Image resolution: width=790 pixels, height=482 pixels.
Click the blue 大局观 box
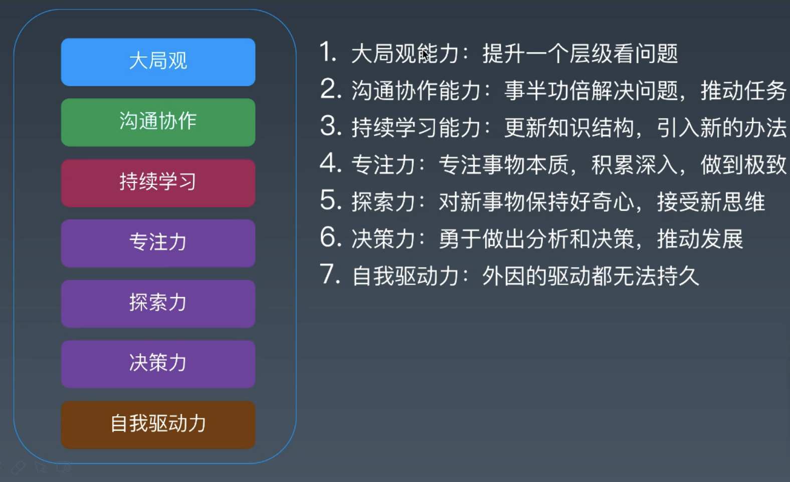(158, 62)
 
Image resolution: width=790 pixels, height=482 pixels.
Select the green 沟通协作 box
(158, 122)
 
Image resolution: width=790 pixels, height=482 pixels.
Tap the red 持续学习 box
(158, 183)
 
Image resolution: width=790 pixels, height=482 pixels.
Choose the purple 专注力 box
(158, 243)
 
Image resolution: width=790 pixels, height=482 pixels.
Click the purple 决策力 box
(158, 364)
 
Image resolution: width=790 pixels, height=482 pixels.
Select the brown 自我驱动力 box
(158, 424)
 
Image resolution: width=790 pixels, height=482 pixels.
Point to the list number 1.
(328, 53)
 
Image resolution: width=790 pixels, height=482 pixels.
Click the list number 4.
(330, 164)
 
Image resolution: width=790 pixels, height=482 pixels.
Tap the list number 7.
(330, 275)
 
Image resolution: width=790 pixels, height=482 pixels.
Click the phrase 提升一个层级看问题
(580, 54)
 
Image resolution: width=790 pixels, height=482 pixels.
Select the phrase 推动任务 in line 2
(743, 91)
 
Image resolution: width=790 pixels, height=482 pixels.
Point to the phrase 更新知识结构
(569, 128)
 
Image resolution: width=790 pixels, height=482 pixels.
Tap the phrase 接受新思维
(711, 202)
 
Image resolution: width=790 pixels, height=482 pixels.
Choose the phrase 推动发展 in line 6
(700, 239)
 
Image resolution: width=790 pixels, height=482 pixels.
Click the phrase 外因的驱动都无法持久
(590, 276)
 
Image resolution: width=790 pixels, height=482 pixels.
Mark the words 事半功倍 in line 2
(547, 91)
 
